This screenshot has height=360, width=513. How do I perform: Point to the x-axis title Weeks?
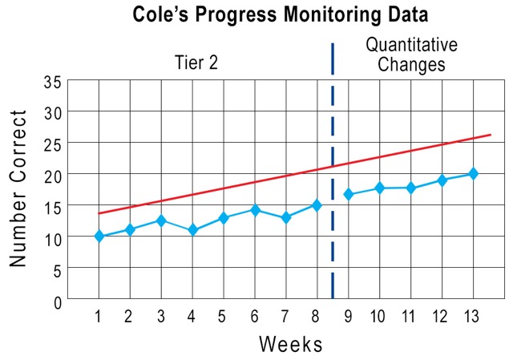(x=290, y=345)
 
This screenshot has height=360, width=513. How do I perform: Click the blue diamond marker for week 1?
(x=99, y=237)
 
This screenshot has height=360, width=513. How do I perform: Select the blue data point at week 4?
(x=192, y=230)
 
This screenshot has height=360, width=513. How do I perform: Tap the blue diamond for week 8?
(x=317, y=205)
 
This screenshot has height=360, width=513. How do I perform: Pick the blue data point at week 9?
(x=349, y=194)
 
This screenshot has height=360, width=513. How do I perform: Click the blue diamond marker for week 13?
(x=473, y=174)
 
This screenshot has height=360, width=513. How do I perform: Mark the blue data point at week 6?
(x=255, y=210)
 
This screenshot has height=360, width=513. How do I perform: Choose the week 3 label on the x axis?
(x=161, y=317)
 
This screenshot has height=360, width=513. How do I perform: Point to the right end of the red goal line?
(x=490, y=135)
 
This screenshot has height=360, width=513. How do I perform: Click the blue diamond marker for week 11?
(x=410, y=188)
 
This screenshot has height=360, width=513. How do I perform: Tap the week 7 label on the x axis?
(x=285, y=317)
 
